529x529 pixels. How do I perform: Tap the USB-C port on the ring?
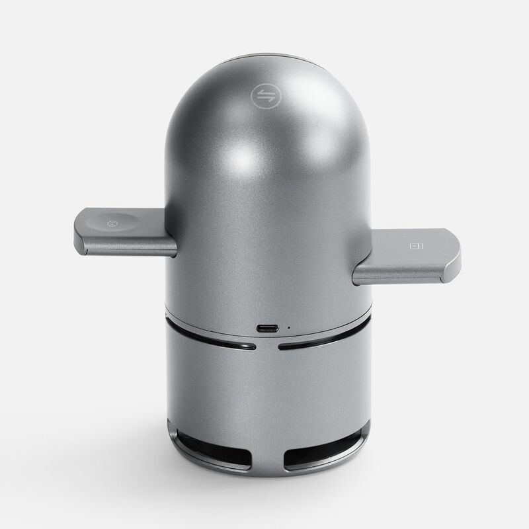pos(266,328)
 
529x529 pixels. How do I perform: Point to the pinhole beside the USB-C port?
pos(288,326)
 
